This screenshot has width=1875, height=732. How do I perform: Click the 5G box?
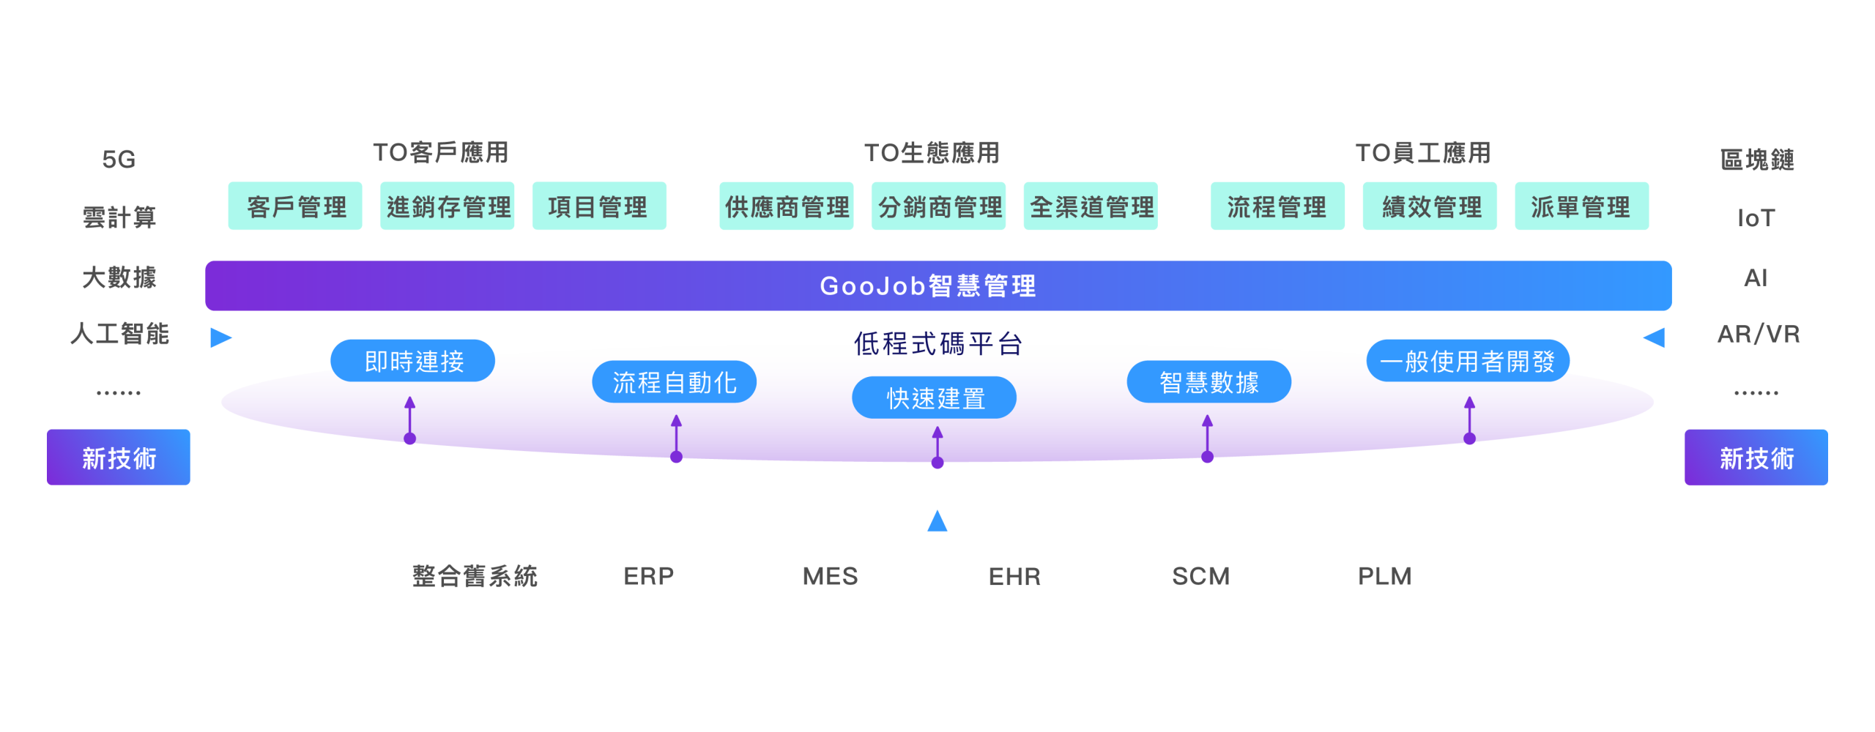(x=119, y=159)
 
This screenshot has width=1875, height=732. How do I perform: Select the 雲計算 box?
(x=119, y=217)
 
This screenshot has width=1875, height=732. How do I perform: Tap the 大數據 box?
(x=119, y=275)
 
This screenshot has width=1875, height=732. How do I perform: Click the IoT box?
(x=1756, y=217)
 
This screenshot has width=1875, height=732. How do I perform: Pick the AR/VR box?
(x=1756, y=334)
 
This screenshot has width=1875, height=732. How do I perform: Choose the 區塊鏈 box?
(x=1756, y=159)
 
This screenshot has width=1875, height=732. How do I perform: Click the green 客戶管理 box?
(x=295, y=206)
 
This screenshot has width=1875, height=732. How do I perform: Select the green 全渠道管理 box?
(x=1091, y=206)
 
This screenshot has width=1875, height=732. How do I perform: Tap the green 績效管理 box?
(x=1430, y=206)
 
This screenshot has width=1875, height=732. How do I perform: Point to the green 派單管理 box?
(x=1582, y=206)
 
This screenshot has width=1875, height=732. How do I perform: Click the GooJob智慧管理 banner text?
(x=928, y=285)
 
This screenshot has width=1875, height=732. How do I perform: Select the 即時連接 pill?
(x=413, y=361)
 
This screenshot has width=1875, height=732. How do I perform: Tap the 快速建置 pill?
(x=935, y=397)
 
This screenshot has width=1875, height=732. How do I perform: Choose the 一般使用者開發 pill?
(x=1468, y=361)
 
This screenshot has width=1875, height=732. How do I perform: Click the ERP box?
(x=647, y=575)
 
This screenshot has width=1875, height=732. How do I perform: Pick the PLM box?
(x=1386, y=575)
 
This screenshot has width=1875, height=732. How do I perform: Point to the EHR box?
(x=1016, y=575)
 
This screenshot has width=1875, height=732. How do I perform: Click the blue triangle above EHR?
(x=937, y=521)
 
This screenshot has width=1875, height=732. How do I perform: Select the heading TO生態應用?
(x=932, y=153)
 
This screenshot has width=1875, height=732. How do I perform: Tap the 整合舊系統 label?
(x=475, y=576)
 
